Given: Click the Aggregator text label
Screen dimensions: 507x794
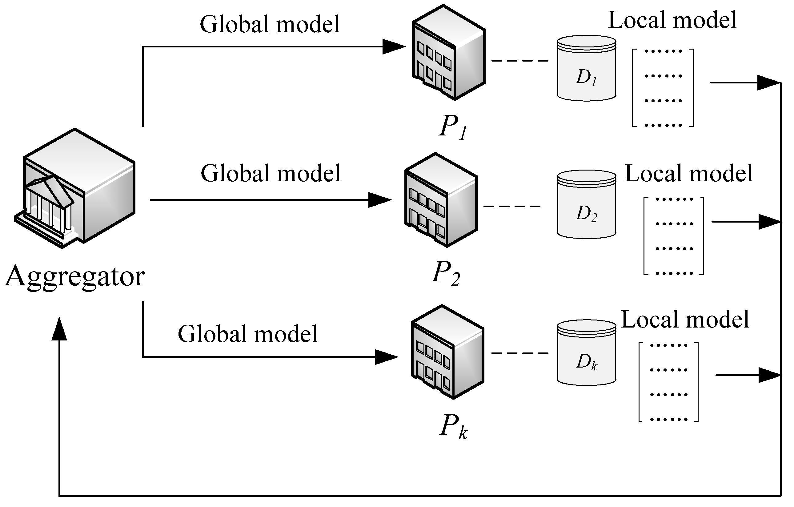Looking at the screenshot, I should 75,277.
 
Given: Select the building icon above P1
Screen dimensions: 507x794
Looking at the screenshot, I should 449,53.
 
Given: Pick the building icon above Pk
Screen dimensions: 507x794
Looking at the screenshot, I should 447,352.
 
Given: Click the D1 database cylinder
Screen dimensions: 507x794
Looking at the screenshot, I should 587,68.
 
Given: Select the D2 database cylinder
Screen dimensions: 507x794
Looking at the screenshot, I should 587,204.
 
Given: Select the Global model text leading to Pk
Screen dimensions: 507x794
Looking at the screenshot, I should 248,334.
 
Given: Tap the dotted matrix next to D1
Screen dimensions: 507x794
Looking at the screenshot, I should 663,88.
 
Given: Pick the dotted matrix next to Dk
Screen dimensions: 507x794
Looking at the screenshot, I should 668,382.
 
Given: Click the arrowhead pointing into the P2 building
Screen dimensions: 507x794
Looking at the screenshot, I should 379,200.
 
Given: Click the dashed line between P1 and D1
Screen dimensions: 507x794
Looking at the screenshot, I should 520,61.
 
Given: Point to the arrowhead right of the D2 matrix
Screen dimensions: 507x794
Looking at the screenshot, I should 768,222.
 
